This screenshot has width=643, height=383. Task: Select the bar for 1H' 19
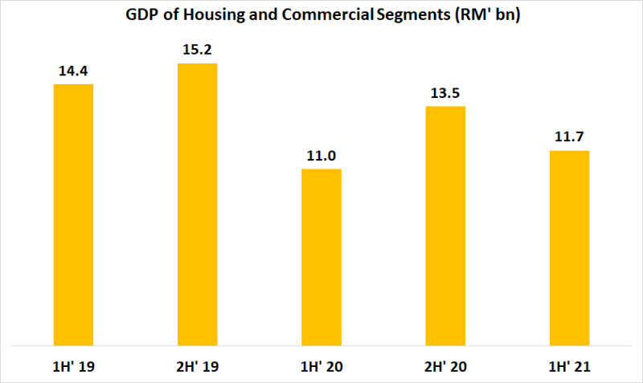pos(73,214)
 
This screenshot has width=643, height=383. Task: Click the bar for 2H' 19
pos(197,204)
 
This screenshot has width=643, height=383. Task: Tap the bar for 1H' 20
pos(321,257)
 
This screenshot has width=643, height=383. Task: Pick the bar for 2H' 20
pos(445,226)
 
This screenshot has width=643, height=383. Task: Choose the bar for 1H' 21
pos(569,248)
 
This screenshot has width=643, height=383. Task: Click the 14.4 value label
pos(73,71)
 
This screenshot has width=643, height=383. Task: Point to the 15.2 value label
pos(197,50)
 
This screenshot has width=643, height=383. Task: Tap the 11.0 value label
pos(321,155)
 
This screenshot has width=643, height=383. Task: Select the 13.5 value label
pos(445,92)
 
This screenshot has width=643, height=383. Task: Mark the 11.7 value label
pos(569,137)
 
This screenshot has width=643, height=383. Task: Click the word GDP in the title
pos(141,16)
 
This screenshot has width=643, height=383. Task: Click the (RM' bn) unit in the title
pos(488,16)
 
